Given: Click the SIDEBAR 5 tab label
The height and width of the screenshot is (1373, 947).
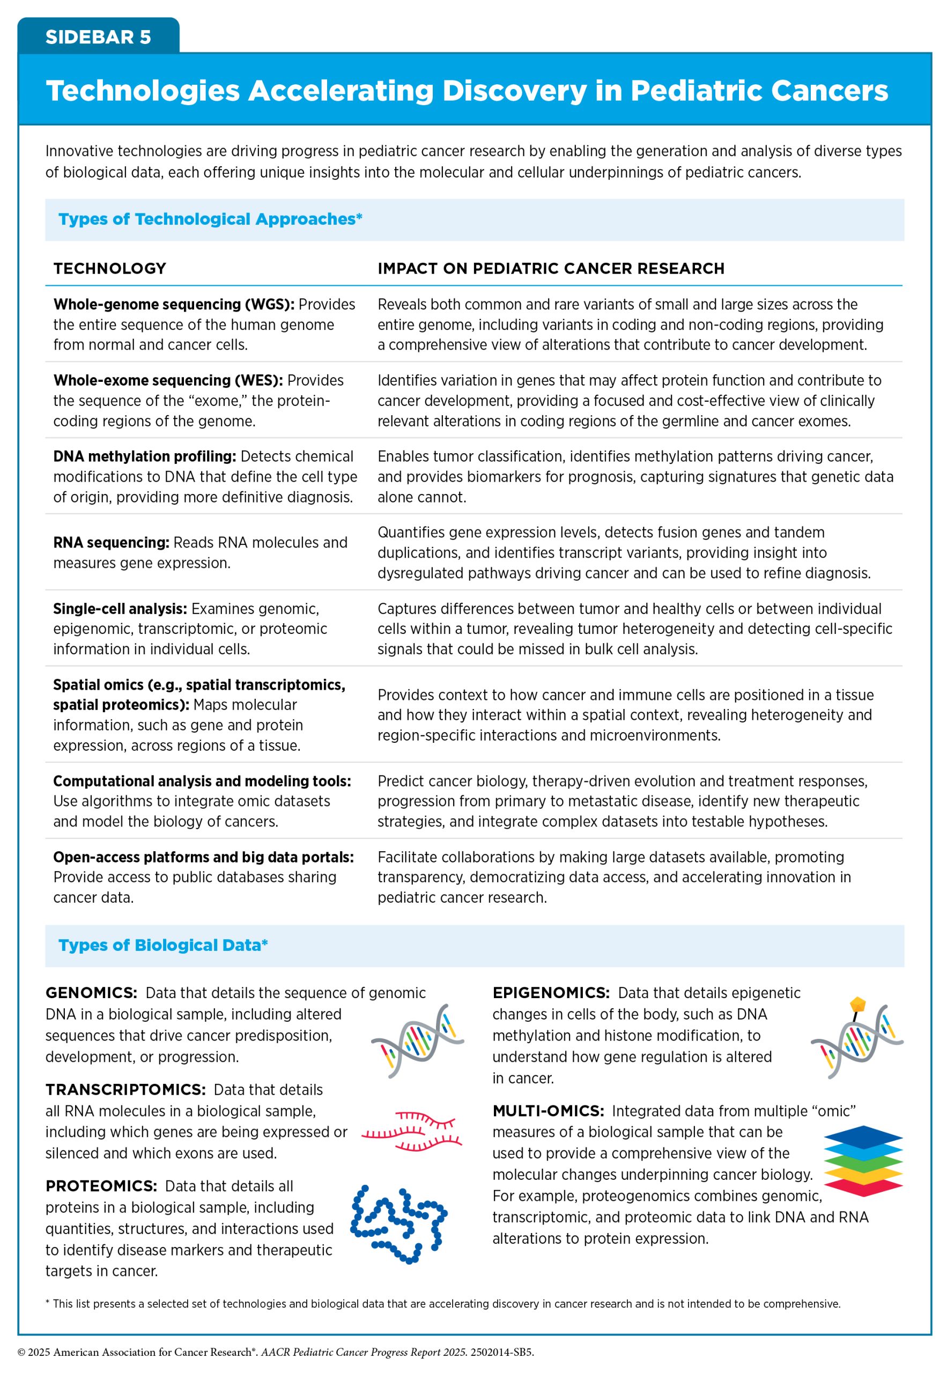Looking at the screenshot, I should (x=98, y=37).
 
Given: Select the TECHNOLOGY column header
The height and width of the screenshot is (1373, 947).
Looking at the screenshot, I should (x=110, y=268).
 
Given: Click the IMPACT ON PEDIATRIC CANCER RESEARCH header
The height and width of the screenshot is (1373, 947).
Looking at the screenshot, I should (x=551, y=268).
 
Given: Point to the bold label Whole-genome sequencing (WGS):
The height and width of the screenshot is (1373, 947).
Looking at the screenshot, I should (x=173, y=305).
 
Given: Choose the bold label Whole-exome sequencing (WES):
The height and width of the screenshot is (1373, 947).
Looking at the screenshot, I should (x=168, y=380).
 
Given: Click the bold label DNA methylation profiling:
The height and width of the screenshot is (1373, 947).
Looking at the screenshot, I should (x=144, y=456).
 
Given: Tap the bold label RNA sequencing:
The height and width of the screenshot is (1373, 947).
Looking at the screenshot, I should (x=111, y=542).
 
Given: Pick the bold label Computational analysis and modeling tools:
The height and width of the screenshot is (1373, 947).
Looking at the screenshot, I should (x=202, y=781).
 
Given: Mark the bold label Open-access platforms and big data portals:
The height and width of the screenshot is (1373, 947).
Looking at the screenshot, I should (x=203, y=857).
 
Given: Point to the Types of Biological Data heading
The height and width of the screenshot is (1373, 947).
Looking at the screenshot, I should (x=162, y=945).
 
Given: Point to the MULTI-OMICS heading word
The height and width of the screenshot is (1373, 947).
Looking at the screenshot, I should (x=548, y=1111).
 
